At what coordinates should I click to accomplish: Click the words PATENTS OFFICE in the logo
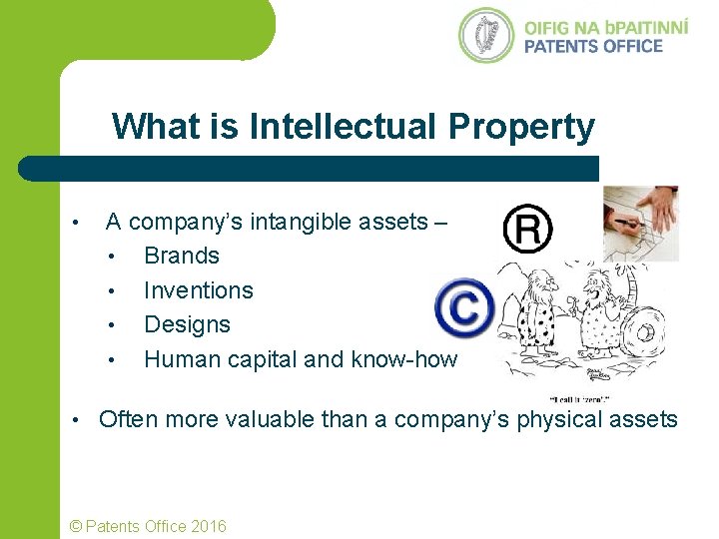593,45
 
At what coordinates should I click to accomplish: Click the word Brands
182,256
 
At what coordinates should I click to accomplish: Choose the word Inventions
199,290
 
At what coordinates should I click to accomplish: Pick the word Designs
187,324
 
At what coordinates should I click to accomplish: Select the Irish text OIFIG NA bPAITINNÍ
606,25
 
